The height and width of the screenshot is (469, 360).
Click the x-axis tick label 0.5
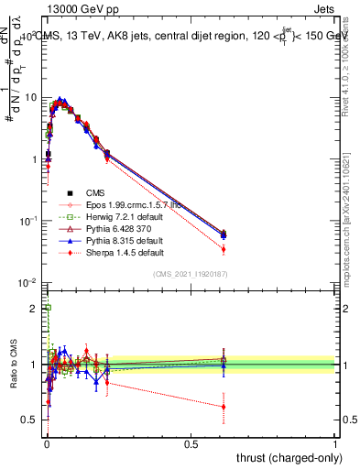click(x=191, y=442)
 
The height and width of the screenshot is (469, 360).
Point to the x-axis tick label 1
click(x=335, y=442)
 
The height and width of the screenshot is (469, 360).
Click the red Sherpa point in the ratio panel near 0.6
click(x=224, y=407)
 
